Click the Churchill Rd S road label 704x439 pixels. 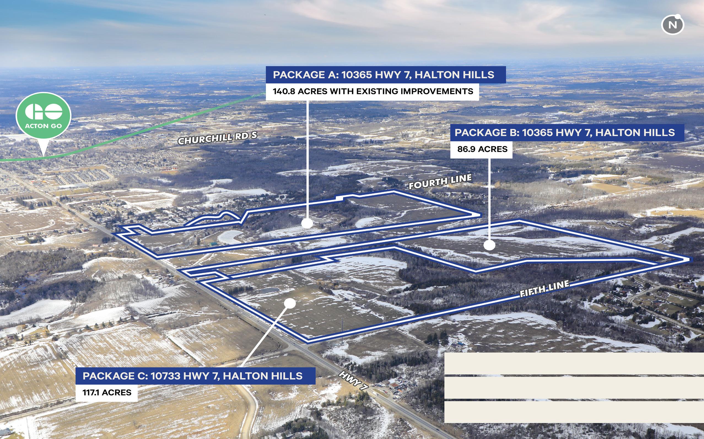pos(217,138)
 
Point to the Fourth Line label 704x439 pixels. pos(440,182)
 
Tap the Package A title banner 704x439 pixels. pos(385,75)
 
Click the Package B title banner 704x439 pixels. pos(567,133)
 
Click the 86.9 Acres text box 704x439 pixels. pos(481,149)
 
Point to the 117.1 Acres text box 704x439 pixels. pos(106,393)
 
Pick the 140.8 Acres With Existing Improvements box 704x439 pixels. pos(373,92)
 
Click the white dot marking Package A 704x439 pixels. pos(307,223)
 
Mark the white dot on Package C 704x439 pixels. pos(290,303)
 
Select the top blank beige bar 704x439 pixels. pos(574,363)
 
